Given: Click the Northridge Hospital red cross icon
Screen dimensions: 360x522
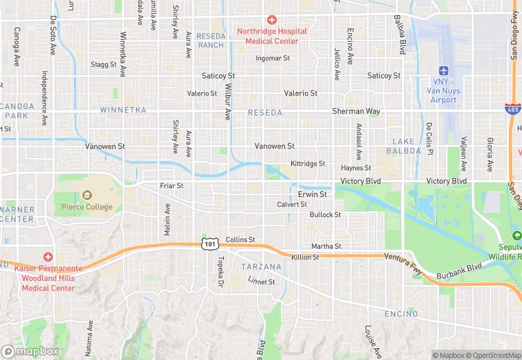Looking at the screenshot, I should click(272, 20).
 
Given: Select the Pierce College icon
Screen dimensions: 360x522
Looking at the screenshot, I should click(87, 196).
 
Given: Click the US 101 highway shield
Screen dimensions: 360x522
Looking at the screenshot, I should click(209, 244).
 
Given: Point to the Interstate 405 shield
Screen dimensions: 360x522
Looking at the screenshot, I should click(511, 110).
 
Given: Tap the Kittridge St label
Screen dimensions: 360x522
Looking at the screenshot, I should click(308, 164).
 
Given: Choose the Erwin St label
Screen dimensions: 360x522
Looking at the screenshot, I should click(312, 194).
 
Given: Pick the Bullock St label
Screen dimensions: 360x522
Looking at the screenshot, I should click(325, 215).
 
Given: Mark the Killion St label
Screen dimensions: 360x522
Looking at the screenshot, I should click(305, 257).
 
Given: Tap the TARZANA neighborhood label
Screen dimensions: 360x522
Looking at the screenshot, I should click(261, 267).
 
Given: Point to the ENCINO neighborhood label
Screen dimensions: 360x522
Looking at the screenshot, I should click(401, 314).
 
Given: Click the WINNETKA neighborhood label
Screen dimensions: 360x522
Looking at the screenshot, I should click(123, 110).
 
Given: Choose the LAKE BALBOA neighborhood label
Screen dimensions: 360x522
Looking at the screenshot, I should click(400, 146).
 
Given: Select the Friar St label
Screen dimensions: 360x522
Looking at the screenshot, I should click(171, 185).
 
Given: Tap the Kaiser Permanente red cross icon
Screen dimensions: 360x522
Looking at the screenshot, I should click(47, 256).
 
